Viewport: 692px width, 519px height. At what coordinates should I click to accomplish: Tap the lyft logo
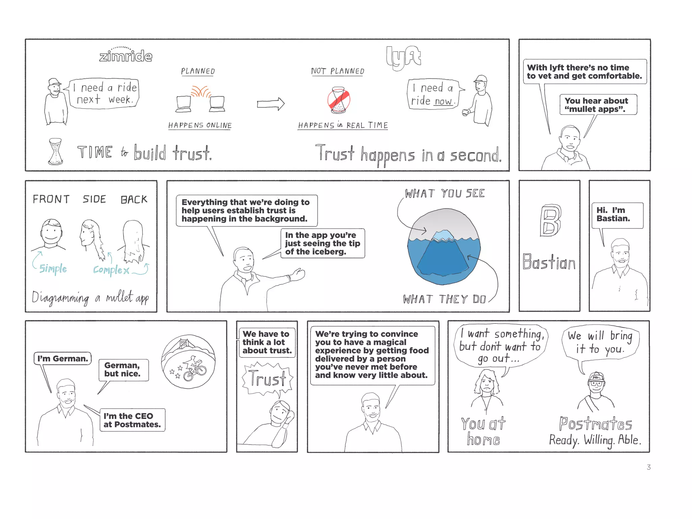tap(403, 57)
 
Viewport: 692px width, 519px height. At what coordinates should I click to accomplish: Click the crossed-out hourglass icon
tap(339, 100)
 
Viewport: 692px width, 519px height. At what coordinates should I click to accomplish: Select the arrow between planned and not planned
tap(271, 104)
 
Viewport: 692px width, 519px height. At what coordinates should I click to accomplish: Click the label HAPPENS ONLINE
tap(200, 125)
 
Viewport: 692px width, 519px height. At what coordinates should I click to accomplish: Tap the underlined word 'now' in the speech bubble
tap(443, 101)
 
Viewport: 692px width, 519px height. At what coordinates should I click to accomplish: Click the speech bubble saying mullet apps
tap(598, 105)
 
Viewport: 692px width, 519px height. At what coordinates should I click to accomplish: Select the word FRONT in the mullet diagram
tap(51, 199)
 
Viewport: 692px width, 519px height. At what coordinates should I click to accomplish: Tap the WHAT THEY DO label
tap(444, 299)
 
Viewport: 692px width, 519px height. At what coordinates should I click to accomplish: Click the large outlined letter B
tap(550, 220)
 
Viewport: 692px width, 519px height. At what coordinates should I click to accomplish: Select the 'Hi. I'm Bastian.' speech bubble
tap(617, 215)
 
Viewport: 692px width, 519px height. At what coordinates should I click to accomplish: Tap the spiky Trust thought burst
tap(267, 378)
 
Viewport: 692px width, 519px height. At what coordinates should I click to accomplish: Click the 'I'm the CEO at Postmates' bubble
tap(132, 420)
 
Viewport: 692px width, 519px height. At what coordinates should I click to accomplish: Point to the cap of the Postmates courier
tap(596, 377)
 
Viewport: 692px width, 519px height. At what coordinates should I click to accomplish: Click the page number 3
tap(648, 467)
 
